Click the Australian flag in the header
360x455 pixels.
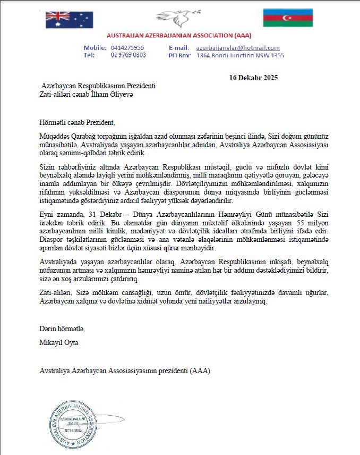[x=69, y=19]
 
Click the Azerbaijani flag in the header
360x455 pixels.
[x=288, y=18]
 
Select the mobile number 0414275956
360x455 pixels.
[x=127, y=48]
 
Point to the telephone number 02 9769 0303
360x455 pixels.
[x=128, y=55]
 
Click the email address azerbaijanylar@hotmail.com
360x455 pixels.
[x=238, y=48]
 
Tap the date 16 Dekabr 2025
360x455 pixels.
[x=253, y=78]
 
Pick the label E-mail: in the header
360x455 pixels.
[x=179, y=48]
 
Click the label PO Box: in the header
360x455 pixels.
[x=179, y=55]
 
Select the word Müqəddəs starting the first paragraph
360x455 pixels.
[x=57, y=136]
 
